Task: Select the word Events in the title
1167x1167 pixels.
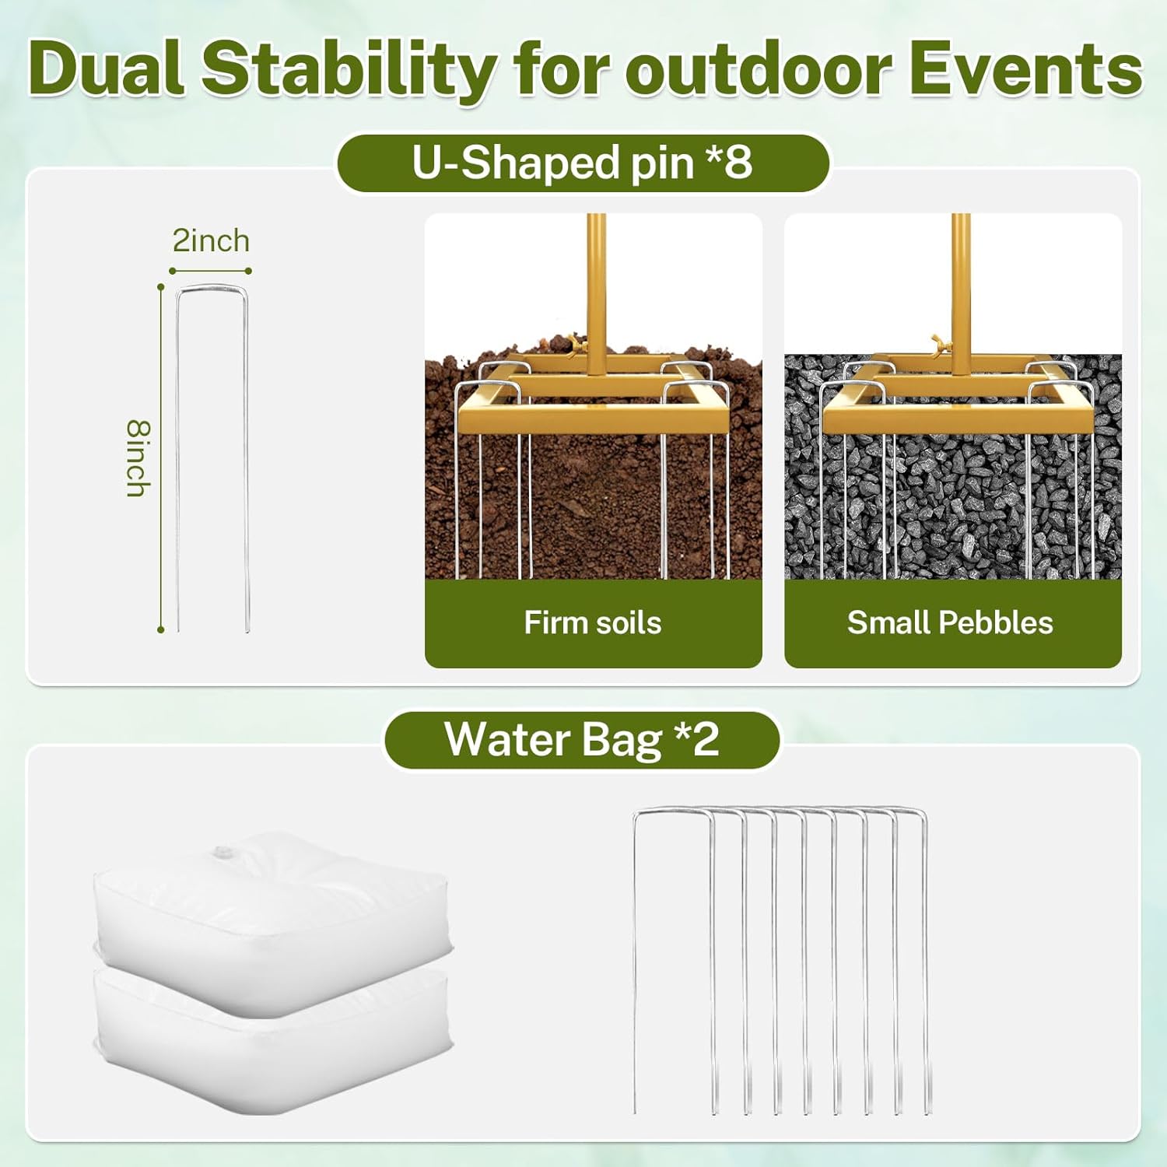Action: pos(1025,69)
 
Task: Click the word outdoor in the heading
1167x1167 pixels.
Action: pos(759,69)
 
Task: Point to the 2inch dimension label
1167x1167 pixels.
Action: pos(211,241)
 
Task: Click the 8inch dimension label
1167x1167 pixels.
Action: pos(138,458)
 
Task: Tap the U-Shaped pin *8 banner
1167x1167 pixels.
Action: pos(583,163)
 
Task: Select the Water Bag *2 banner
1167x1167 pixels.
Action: pos(582,739)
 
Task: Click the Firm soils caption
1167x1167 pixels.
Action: pos(593,622)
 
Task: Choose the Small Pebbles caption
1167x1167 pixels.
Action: pos(950,622)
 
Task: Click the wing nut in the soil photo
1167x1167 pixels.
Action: pos(575,343)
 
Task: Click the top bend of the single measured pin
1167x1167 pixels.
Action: pos(212,289)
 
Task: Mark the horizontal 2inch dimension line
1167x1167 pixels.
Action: pos(210,271)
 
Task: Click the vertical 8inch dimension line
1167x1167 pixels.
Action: pos(161,458)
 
